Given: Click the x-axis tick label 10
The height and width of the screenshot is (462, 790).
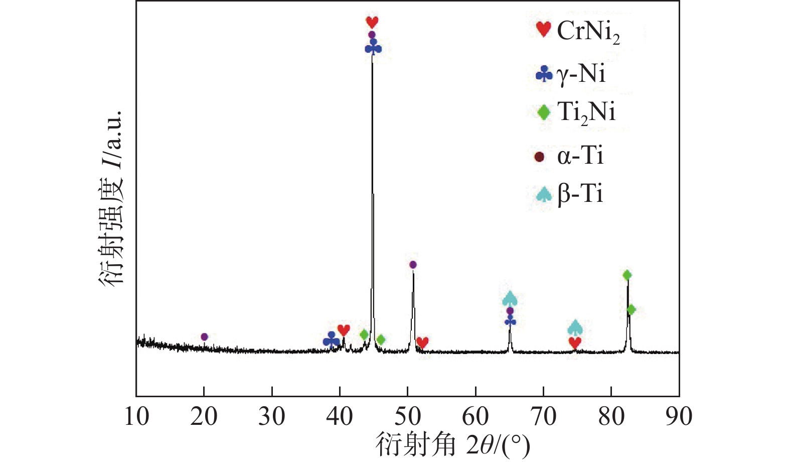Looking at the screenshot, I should [136, 417].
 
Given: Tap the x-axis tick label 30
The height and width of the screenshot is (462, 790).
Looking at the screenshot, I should [272, 417].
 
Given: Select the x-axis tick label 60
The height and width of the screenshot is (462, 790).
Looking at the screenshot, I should [476, 417].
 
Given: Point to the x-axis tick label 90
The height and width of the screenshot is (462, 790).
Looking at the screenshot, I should [679, 417].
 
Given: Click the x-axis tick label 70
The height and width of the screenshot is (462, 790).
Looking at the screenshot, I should [543, 417].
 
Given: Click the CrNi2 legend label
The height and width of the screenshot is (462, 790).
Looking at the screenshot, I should [588, 32].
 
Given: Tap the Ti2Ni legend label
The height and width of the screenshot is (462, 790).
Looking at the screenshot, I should [586, 112].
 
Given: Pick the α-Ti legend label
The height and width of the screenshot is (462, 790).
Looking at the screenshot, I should [580, 156].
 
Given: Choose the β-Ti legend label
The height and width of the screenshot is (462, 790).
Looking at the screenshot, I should [580, 194].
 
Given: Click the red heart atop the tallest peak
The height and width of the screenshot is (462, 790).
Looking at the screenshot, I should [372, 22].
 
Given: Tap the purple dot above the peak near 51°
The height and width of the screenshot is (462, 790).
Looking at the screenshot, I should [413, 265].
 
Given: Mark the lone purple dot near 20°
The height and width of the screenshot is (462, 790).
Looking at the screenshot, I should [204, 336].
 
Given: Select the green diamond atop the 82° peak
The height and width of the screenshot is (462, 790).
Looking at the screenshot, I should [627, 275].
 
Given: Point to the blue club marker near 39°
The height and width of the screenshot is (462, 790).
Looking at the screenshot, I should [331, 340].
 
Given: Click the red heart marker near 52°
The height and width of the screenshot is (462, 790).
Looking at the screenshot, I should [422, 342].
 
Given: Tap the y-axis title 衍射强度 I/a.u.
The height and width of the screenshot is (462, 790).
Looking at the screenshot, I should [111, 198].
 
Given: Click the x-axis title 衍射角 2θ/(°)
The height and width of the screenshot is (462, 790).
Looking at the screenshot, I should [452, 444].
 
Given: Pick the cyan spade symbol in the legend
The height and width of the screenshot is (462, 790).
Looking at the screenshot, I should [544, 194].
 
